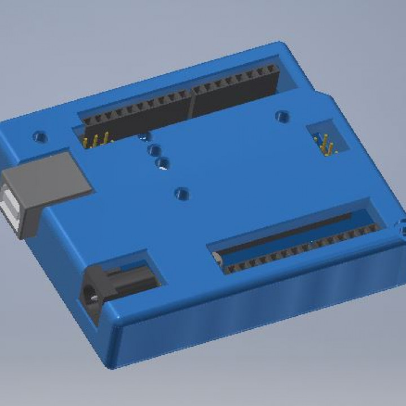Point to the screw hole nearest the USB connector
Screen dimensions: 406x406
click(x=39, y=136)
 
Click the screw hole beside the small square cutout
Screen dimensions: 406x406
click(x=282, y=117)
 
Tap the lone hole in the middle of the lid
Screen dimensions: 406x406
click(x=181, y=194)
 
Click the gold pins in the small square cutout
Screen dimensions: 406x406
click(x=326, y=145)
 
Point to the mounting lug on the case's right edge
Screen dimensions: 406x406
click(x=401, y=228)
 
